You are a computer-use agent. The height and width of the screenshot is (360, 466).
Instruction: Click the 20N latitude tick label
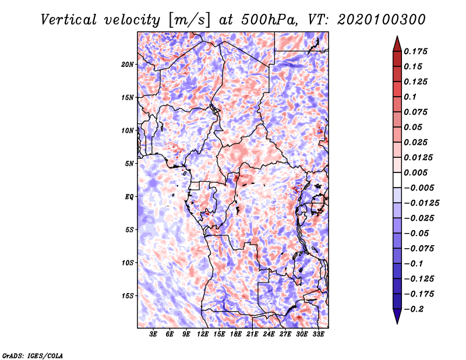128,65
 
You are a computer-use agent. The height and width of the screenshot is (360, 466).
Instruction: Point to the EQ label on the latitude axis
129,197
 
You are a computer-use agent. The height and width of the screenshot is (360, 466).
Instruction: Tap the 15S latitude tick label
128,296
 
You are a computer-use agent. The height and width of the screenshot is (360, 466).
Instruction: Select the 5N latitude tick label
129,164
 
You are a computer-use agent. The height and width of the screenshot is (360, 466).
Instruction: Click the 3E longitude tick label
153,334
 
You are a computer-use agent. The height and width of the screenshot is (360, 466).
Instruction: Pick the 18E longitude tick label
236,334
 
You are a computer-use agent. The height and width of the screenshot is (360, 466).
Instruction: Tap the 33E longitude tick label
318,334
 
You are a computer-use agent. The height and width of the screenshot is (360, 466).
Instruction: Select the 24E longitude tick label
269,334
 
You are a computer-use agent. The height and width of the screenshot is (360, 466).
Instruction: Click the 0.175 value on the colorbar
415,51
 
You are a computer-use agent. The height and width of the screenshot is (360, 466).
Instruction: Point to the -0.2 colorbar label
414,309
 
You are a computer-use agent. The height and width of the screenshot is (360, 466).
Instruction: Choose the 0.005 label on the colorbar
415,172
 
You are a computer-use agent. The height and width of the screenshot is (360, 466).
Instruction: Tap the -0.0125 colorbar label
421,203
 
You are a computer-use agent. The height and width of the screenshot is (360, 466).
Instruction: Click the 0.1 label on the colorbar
410,97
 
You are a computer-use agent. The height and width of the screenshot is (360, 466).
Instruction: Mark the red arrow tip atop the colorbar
397,36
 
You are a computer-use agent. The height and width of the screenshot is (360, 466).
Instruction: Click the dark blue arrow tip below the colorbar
397,323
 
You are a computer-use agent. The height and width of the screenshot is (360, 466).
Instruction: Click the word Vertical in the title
69,20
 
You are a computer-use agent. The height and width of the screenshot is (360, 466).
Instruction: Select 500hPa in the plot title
269,20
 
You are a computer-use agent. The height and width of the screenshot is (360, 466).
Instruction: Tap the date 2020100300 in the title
382,20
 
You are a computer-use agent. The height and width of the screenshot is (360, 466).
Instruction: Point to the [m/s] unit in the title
189,20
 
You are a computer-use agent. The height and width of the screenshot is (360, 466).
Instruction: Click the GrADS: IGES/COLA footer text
33,356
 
